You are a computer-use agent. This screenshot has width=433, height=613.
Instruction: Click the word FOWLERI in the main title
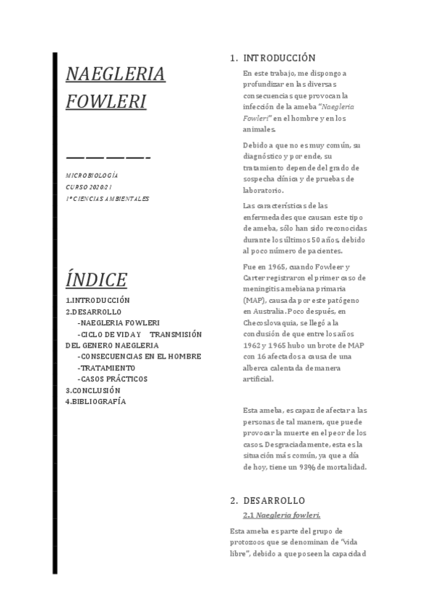click(x=106, y=100)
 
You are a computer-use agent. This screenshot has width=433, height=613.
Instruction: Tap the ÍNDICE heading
click(x=96, y=279)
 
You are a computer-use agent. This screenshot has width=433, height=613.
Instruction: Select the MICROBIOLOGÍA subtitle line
click(x=92, y=176)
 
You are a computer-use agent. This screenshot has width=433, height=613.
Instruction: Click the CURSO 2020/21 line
click(x=89, y=187)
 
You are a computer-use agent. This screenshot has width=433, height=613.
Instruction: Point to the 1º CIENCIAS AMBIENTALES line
click(x=107, y=198)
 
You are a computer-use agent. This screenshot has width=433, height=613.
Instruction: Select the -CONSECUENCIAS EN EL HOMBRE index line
click(x=139, y=356)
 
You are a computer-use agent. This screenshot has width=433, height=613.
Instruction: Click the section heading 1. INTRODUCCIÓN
click(x=273, y=58)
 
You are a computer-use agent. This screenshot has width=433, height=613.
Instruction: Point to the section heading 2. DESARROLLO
click(x=267, y=500)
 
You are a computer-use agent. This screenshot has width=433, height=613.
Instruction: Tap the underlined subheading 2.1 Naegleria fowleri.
click(x=282, y=515)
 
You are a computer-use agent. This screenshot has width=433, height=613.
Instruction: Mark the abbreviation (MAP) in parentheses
click(x=253, y=299)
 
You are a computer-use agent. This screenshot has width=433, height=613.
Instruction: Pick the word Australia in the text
click(x=260, y=311)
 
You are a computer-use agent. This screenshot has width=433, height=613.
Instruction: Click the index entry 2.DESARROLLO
click(x=93, y=312)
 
